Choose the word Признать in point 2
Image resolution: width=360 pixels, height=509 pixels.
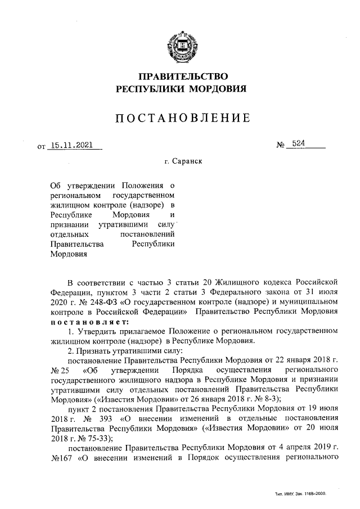[x=94, y=350]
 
